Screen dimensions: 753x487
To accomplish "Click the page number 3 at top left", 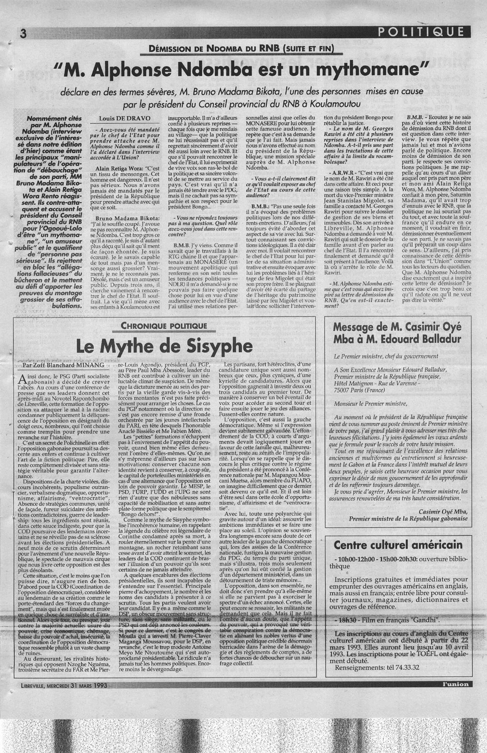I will [x=21, y=33].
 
